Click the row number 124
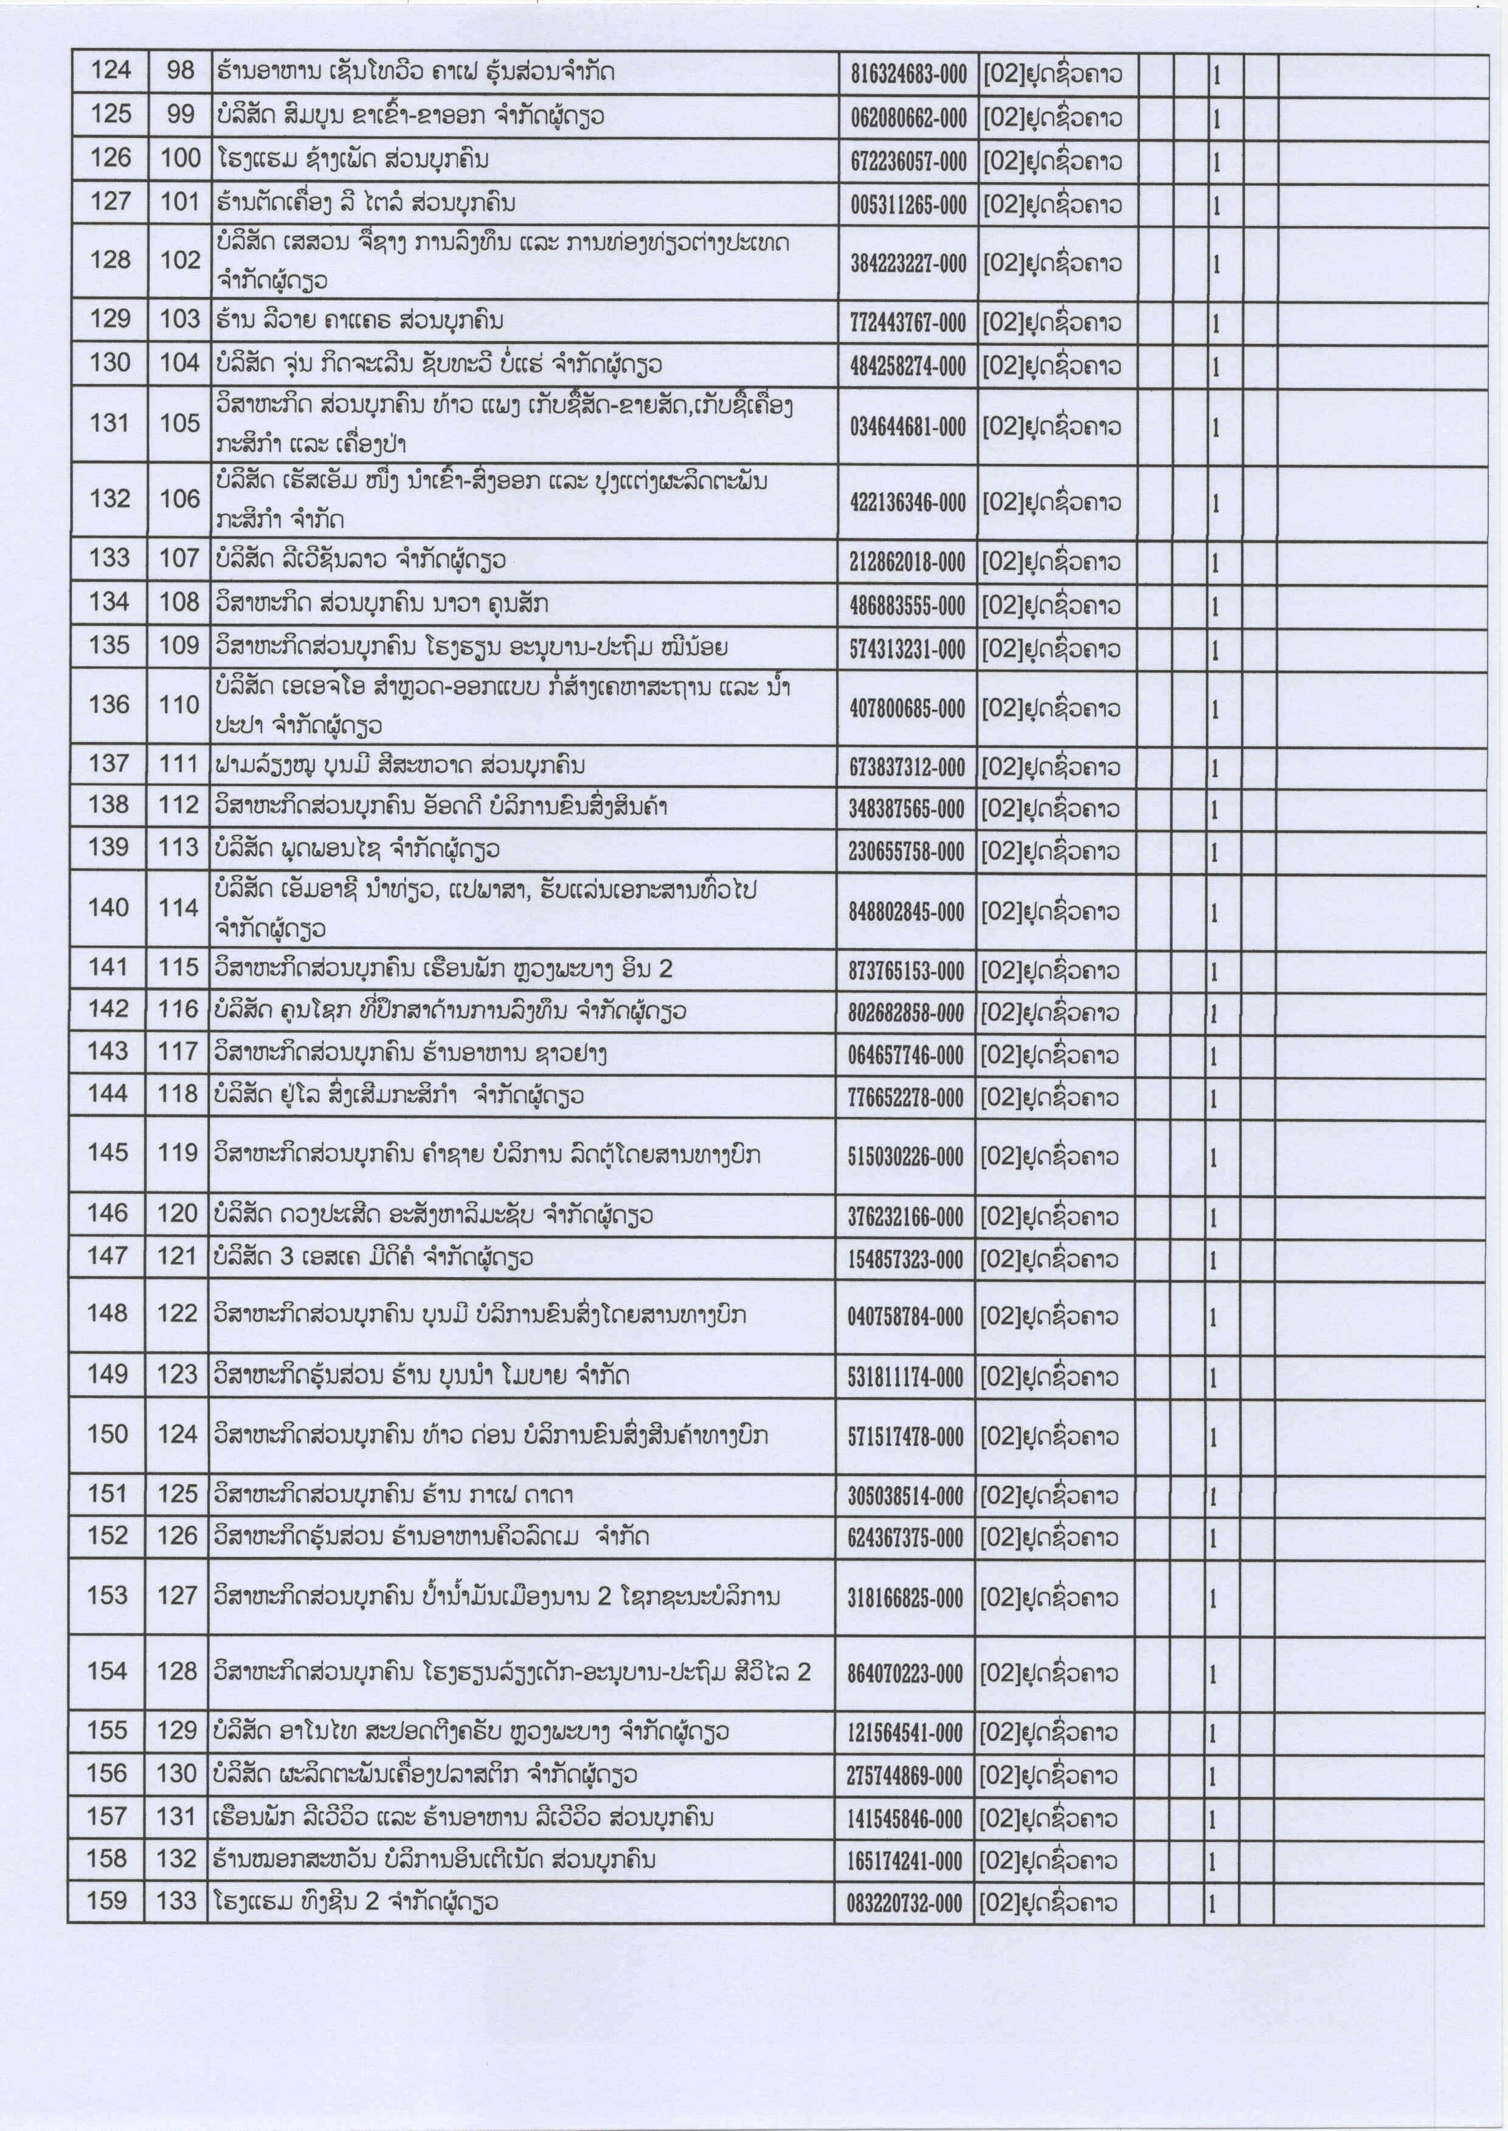111,70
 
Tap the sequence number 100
180,159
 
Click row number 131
109,424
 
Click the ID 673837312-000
906,767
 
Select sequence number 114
178,908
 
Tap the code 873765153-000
906,972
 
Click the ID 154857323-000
905,1260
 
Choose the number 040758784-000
905,1316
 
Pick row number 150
108,1434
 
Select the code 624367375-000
905,1539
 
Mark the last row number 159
107,1900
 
